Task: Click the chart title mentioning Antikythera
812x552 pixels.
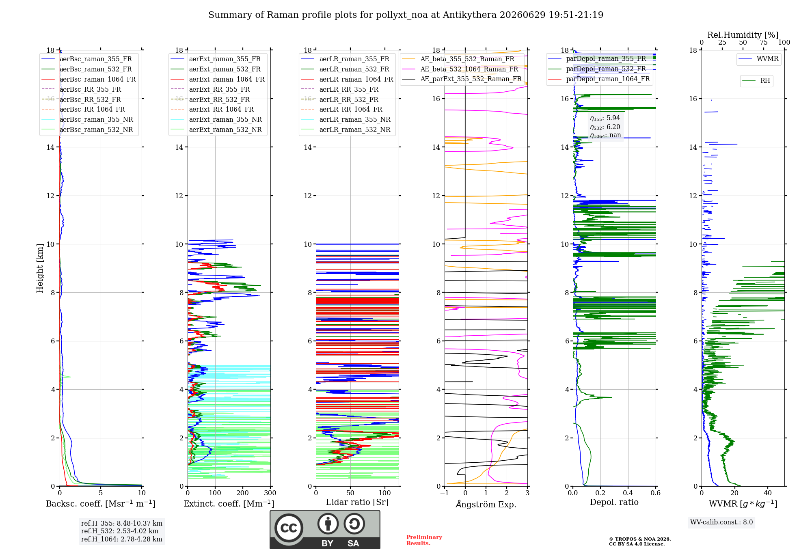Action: (406, 15)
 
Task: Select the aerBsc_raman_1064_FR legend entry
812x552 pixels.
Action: (89, 80)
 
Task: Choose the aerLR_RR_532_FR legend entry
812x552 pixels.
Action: (339, 100)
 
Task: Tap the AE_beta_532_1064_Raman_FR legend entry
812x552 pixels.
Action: (460, 69)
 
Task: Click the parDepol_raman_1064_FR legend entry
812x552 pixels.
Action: (599, 79)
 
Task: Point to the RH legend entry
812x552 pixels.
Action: (756, 81)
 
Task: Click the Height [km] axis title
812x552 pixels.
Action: (40, 268)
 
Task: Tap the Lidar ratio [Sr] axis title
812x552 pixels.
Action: (357, 502)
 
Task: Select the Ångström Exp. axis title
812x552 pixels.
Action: (486, 504)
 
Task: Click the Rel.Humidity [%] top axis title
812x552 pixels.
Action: (743, 35)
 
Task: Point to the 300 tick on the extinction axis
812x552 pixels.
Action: (270, 493)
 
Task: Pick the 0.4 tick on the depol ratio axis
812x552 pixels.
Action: (628, 493)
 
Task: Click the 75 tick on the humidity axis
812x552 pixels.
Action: (764, 43)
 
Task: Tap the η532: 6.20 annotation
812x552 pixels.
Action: (605, 127)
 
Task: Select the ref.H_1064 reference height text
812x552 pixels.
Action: (121, 539)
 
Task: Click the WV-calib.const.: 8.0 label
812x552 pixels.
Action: (721, 522)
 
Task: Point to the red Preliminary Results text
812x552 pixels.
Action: (424, 540)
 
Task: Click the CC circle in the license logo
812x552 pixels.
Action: (289, 528)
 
